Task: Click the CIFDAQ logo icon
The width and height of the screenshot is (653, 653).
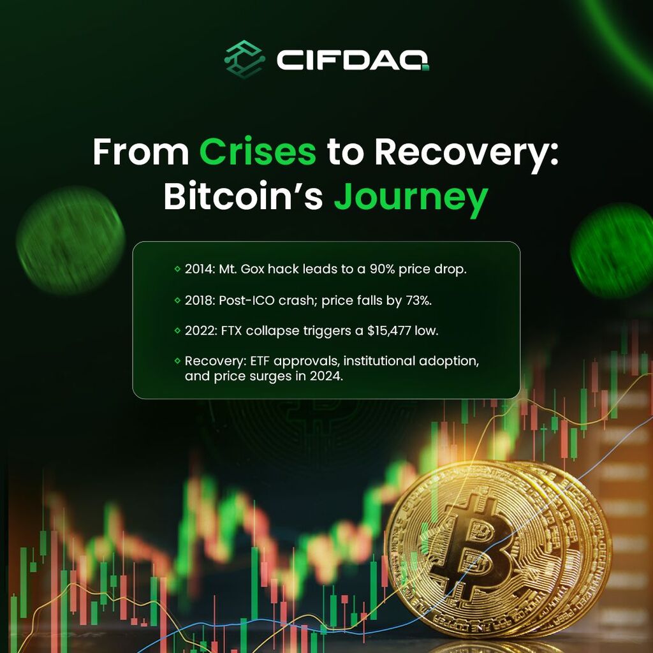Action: [x=244, y=59]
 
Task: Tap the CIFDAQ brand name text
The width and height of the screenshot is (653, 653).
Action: [x=352, y=61]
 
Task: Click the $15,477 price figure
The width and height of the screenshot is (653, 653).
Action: [x=389, y=331]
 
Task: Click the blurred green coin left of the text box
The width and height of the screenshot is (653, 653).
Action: [x=70, y=240]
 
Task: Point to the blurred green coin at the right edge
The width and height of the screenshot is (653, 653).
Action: [x=613, y=251]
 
